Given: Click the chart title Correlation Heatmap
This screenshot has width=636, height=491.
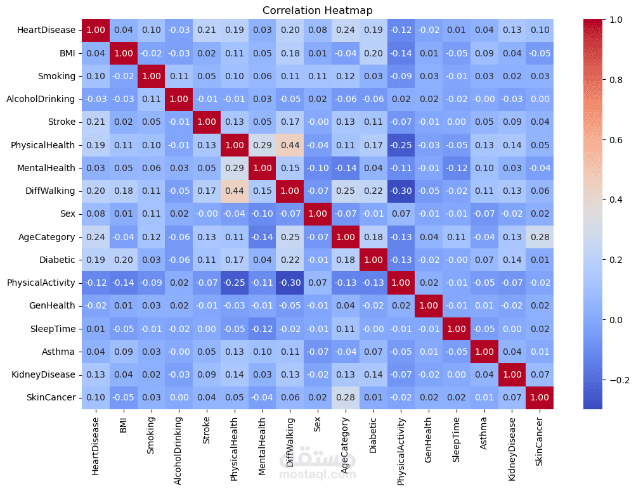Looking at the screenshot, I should [318, 10].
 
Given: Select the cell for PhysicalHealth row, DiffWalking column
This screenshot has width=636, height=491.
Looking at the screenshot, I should [290, 144].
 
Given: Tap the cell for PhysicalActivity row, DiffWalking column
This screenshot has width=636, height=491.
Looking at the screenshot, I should [290, 283].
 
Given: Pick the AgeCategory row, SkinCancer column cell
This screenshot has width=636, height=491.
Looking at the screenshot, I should [538, 237].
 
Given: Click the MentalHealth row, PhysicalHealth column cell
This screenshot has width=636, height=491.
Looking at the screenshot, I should [234, 168].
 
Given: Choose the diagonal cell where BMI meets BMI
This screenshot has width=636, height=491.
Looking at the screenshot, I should [123, 53].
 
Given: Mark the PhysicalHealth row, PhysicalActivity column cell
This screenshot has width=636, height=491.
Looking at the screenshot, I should [400, 144].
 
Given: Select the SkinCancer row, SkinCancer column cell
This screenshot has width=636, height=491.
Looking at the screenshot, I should [538, 398].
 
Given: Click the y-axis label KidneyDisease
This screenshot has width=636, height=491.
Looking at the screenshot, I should [43, 374].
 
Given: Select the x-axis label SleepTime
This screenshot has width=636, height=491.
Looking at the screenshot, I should [456, 438].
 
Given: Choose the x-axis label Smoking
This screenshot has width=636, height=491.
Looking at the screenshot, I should [151, 435].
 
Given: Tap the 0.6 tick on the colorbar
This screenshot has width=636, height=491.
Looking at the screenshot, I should [604, 140].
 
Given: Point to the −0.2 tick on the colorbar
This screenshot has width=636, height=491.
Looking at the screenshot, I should [607, 379].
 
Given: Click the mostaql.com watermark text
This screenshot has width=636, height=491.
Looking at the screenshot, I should [317, 474].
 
